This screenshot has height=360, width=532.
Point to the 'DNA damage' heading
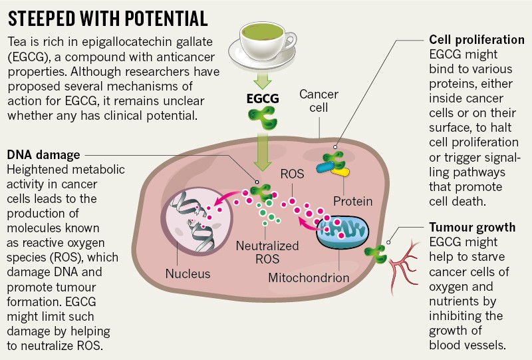[x=43, y=155]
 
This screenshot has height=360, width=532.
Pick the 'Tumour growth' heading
[x=471, y=228]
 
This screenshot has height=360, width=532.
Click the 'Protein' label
[x=352, y=200]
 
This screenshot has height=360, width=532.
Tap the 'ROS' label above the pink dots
[x=292, y=175]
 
